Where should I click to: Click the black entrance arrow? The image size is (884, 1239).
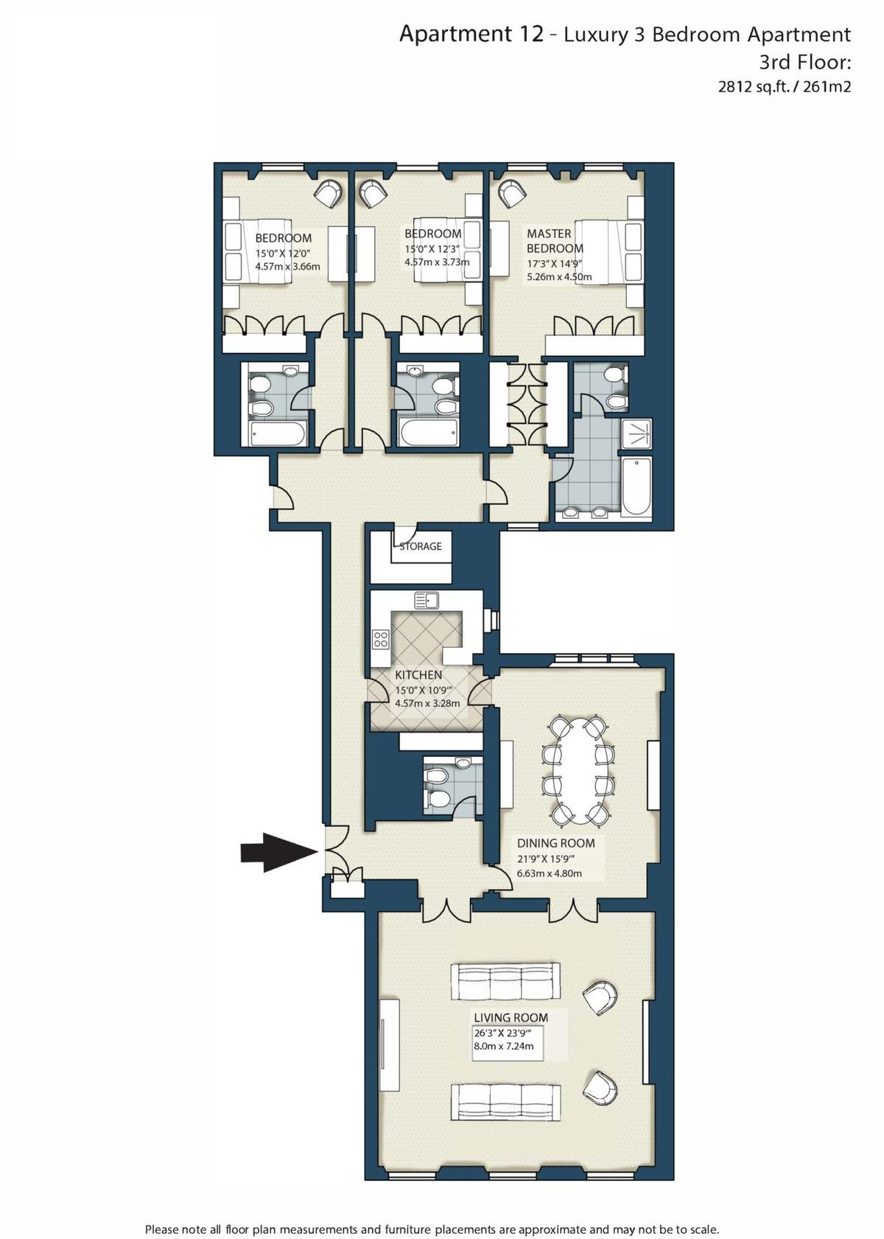point(279,852)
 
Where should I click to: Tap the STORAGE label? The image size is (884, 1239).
point(420,546)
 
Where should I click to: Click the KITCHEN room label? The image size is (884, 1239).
point(418,675)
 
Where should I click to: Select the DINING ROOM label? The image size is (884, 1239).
point(555,843)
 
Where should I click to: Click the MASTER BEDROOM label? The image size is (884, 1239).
point(555,240)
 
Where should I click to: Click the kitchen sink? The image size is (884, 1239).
point(427,599)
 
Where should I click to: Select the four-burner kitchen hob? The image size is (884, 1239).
point(380,640)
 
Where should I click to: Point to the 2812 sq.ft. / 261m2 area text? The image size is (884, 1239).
point(784,87)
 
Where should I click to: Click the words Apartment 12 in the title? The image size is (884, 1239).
point(471,35)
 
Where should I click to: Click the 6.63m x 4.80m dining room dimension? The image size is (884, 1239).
point(549,873)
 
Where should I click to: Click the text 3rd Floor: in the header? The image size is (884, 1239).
point(804,62)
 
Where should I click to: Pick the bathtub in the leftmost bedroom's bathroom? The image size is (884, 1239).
point(278,433)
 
